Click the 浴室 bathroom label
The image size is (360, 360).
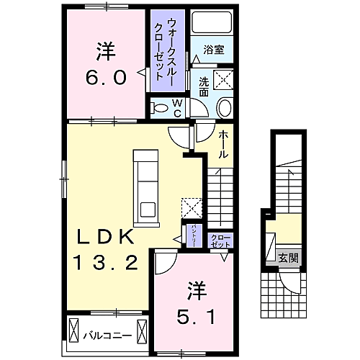click(x=212, y=50)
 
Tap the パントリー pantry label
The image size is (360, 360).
click(x=194, y=236)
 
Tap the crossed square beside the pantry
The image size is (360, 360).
click(x=192, y=207)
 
